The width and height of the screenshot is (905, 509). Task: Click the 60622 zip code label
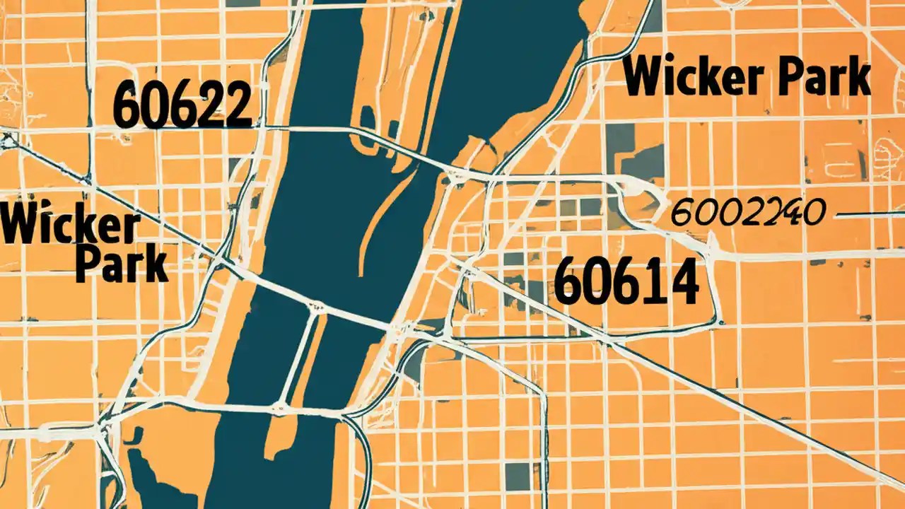182,104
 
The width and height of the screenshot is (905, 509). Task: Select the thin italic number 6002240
747,212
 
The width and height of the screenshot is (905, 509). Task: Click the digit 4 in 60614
682,281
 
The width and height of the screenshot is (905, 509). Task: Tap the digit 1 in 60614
653,281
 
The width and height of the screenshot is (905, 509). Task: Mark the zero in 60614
597,281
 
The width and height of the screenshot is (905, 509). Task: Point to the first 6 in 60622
128,105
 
